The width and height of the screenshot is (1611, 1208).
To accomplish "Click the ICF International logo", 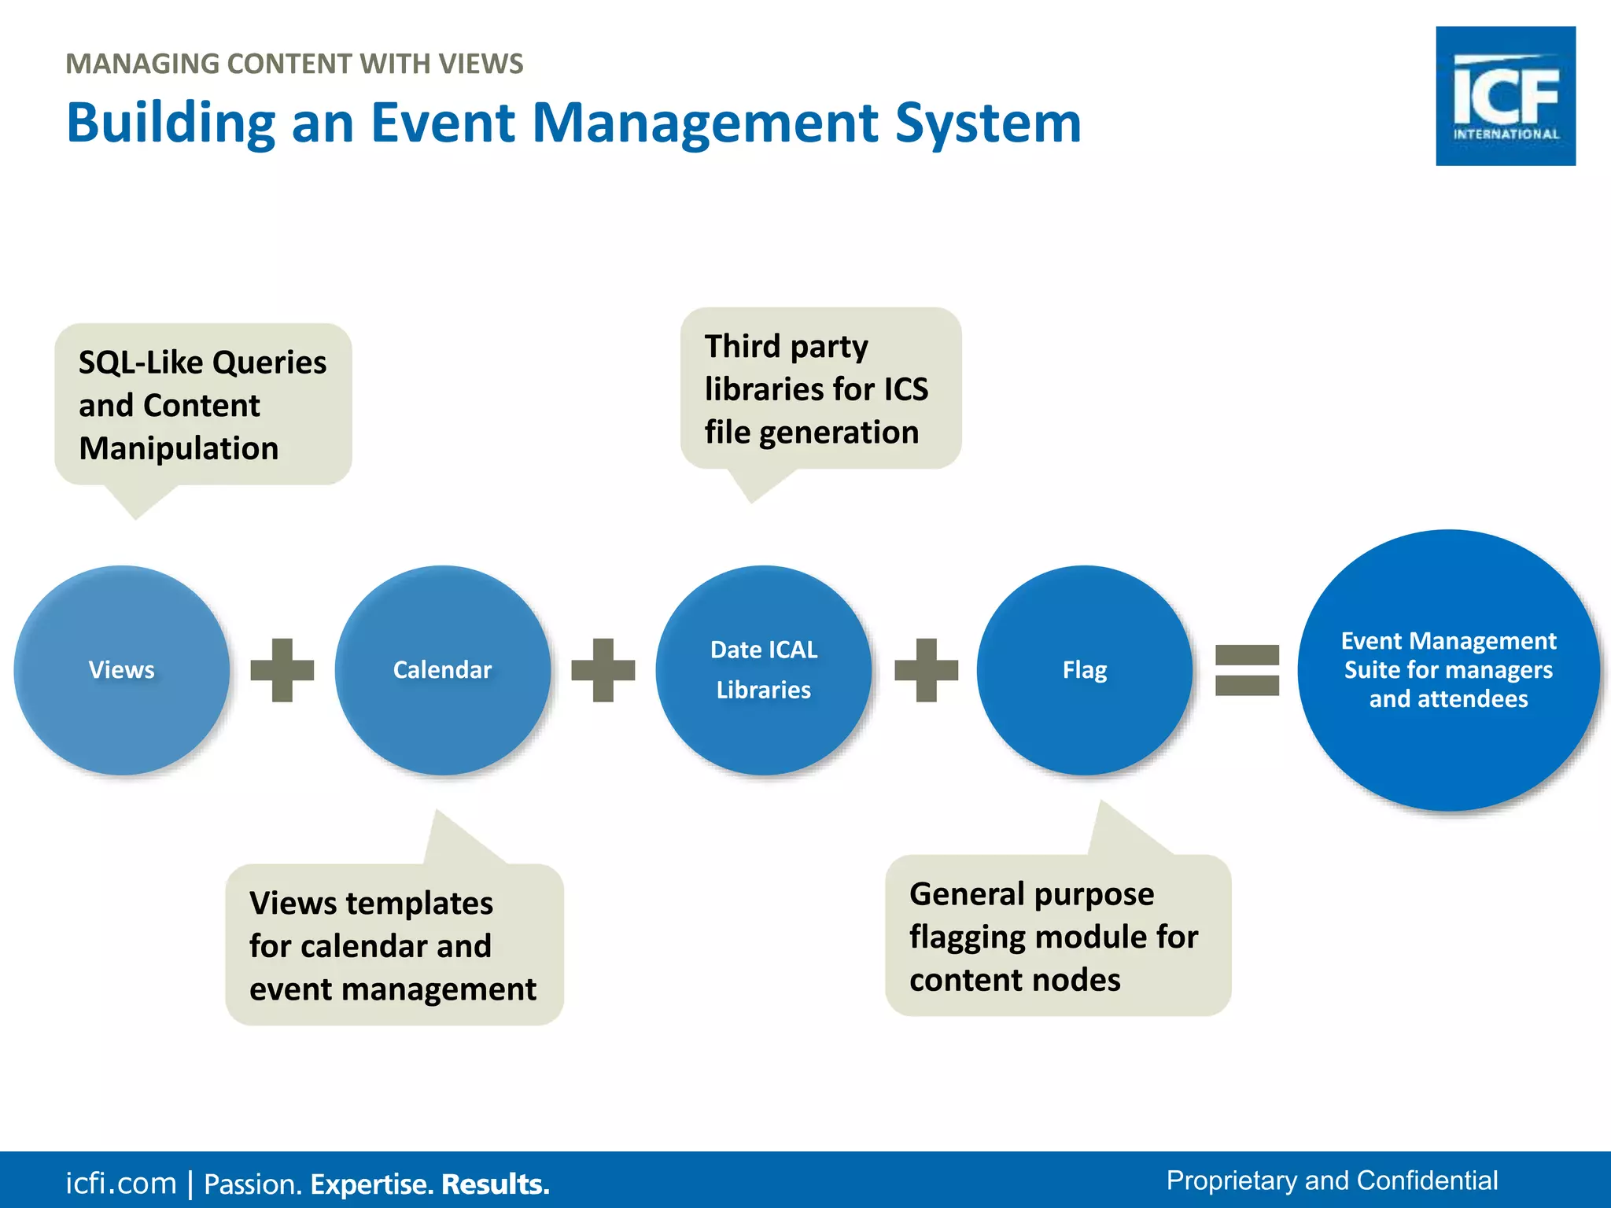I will (1505, 96).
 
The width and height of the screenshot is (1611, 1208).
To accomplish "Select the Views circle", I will (121, 670).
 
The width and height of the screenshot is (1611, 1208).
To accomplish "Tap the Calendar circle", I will (442, 670).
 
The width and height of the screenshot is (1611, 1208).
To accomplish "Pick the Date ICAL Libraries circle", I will (763, 670).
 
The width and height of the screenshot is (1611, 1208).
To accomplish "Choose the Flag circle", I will (1084, 670).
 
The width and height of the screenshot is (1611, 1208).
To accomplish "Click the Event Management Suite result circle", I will (1448, 670).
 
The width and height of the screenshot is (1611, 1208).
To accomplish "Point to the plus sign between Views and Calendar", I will (282, 670).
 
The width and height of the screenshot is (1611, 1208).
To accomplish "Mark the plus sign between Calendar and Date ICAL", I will (603, 670).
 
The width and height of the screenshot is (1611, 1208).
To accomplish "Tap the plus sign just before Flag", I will (926, 670).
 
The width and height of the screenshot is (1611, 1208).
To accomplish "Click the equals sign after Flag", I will (1247, 670).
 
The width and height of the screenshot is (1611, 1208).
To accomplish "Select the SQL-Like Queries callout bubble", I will (202, 404).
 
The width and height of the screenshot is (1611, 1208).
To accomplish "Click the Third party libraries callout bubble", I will (820, 389).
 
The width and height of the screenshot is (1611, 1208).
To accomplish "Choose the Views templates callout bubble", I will (393, 945).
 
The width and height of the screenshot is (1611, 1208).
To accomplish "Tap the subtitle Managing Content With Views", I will (294, 64).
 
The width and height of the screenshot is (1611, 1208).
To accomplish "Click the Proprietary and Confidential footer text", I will (1331, 1180).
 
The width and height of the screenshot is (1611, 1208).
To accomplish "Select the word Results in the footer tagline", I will (495, 1184).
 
